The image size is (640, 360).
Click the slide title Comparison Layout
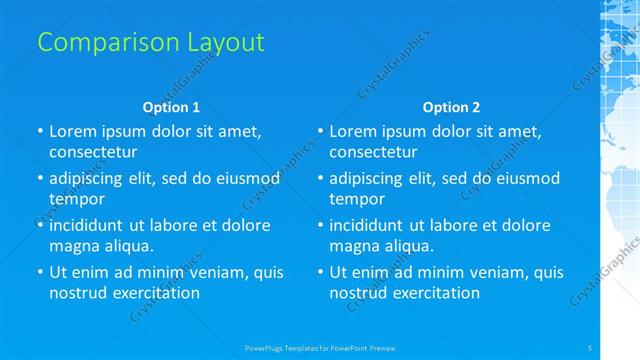(x=151, y=43)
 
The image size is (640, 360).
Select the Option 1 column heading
(x=171, y=107)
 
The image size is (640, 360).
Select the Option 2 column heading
(x=451, y=107)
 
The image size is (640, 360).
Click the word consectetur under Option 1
(x=93, y=152)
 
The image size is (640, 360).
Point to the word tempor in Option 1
(x=73, y=199)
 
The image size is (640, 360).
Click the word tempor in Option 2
(x=353, y=199)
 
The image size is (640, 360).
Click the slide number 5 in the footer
(x=590, y=347)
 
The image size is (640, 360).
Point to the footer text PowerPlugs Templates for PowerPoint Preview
(x=320, y=347)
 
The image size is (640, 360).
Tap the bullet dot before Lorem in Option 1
(x=39, y=131)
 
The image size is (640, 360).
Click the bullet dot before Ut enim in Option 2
(x=319, y=272)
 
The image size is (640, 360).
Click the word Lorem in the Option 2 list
(x=353, y=131)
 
